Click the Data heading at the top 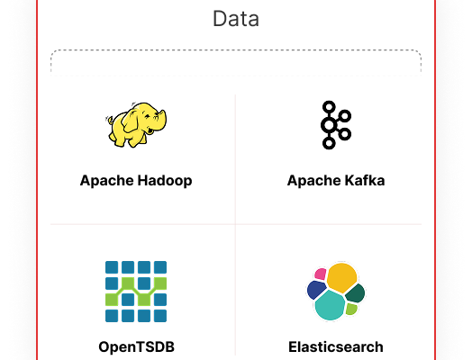point(236,19)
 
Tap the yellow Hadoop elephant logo point(136,125)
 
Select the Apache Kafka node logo point(336,125)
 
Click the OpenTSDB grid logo point(136,292)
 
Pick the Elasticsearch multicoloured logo point(336,292)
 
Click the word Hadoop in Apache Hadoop point(165,181)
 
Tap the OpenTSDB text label point(136,346)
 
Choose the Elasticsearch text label point(336,346)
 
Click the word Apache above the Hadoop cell point(107,181)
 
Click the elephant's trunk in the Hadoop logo point(162,121)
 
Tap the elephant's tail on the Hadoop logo point(110,121)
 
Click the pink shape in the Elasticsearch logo point(321,274)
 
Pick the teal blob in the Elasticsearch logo point(330,306)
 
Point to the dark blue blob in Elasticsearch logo point(316,290)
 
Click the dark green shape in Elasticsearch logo point(355,292)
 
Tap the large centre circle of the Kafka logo point(329,125)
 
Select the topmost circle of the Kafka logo point(329,107)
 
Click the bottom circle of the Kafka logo point(329,142)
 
